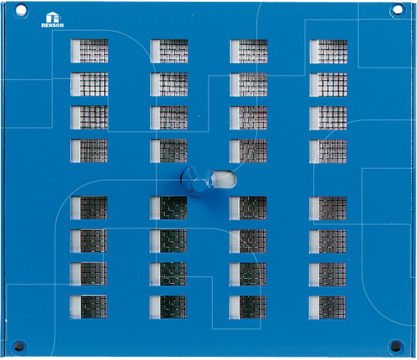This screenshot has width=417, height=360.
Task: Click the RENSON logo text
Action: pos(52,25)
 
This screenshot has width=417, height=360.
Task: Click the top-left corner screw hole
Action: pos(20,11)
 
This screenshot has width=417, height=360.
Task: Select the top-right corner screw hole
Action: pos(397,10)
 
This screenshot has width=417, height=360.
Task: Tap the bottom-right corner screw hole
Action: pos(396,346)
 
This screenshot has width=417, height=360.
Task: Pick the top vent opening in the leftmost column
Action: pos(89,51)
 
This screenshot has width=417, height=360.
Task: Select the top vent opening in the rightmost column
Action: pos(328,52)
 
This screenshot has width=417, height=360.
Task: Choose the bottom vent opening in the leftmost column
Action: pos(88,307)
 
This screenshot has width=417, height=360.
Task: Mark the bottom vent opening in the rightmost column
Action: pos(327,307)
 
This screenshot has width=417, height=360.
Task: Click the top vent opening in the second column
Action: pos(169,51)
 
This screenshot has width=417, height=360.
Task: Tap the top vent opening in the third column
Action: pos(249,51)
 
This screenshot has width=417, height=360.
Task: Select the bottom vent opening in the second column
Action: pos(168,307)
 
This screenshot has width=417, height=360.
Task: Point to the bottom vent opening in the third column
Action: pos(248,307)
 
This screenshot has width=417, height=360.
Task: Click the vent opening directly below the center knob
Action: pos(168,208)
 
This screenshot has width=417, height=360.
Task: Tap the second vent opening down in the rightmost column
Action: pos(328,85)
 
